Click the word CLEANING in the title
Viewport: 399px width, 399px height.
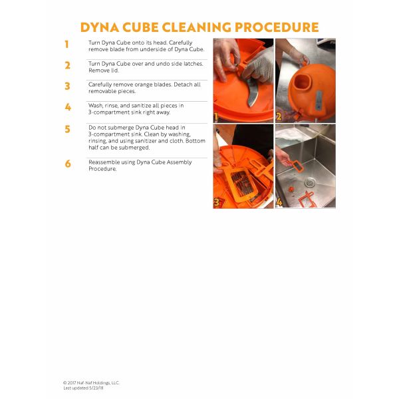point(196,27)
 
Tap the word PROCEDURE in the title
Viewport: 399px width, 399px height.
point(277,27)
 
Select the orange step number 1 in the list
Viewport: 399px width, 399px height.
point(66,45)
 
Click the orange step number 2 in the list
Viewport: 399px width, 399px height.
point(67,65)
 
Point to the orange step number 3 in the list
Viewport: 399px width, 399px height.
point(67,86)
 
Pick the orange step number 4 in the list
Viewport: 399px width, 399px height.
point(68,107)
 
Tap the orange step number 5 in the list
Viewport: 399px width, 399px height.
point(67,129)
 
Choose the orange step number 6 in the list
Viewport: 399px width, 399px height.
point(68,164)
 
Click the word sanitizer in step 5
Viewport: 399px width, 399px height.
point(144,141)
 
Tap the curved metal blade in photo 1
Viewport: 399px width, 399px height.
point(252,92)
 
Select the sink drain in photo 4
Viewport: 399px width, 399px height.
point(310,182)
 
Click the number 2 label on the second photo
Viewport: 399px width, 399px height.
point(279,116)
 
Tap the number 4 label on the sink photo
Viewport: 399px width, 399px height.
point(279,201)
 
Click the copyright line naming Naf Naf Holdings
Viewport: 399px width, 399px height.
point(91,383)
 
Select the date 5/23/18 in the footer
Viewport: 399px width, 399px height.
point(96,388)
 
